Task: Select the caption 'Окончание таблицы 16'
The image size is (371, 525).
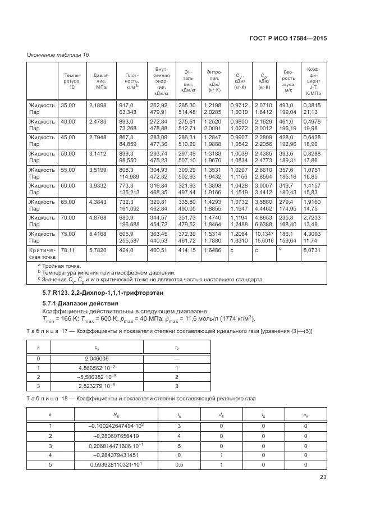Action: click(58, 54)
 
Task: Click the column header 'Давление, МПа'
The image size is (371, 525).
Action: click(102, 81)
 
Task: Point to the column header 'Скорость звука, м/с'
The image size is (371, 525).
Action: click(288, 81)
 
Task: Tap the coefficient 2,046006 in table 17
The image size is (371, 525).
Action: click(97, 358)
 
